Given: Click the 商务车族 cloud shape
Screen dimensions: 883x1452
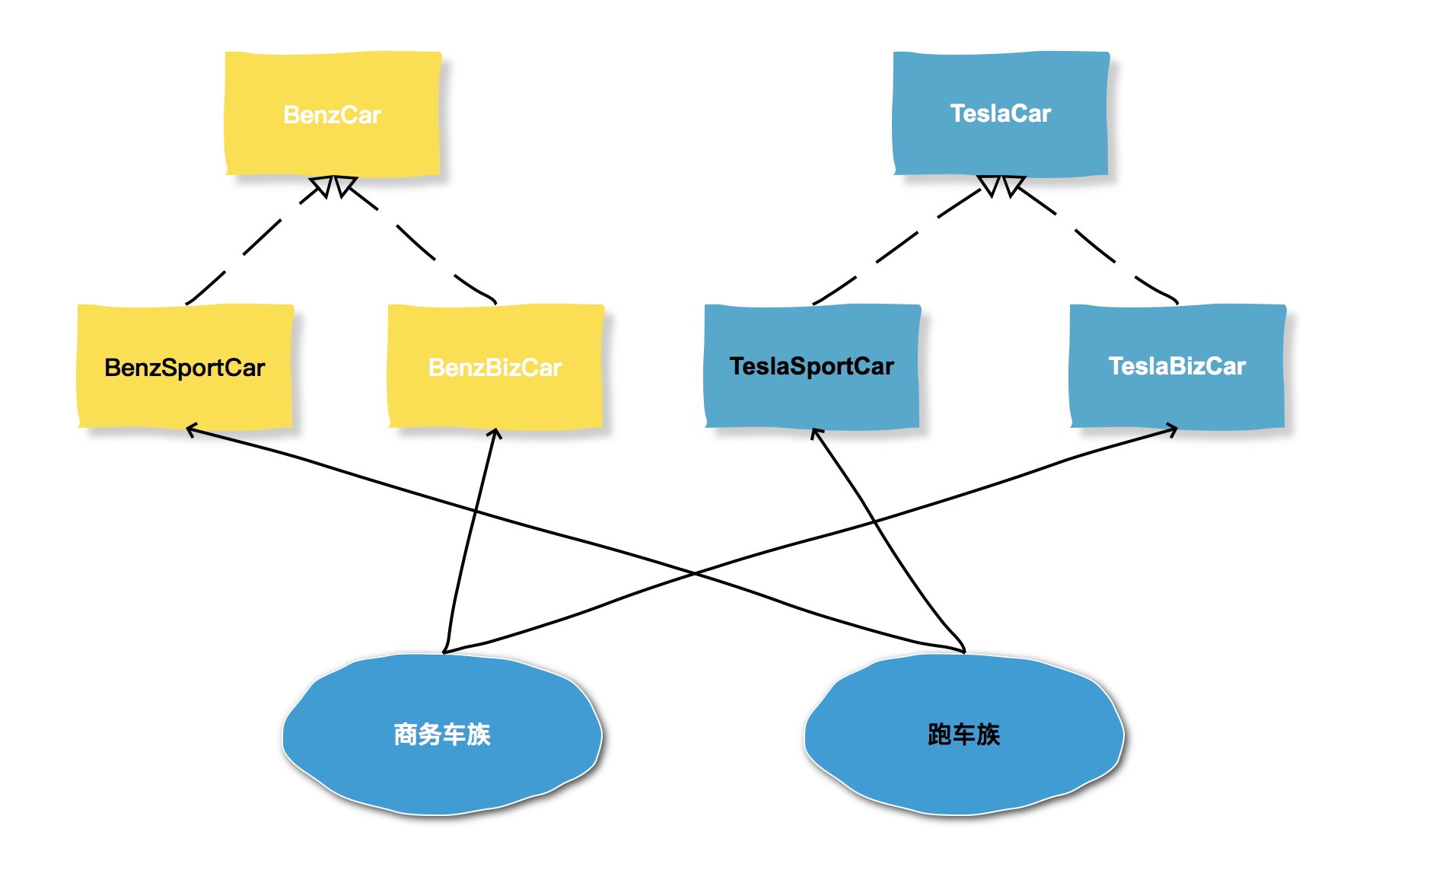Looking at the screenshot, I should (441, 769).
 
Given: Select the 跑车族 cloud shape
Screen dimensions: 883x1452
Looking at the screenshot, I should (963, 769).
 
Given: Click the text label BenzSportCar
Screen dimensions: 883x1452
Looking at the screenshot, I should (185, 368).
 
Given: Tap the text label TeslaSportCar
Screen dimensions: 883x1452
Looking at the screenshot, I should (812, 366).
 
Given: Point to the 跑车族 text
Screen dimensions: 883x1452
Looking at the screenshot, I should (963, 735).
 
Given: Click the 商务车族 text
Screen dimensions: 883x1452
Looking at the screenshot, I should (441, 735).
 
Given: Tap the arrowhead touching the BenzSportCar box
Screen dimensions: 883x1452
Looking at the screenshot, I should (191, 431).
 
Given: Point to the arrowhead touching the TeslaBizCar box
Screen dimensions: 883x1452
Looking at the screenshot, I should (1173, 431).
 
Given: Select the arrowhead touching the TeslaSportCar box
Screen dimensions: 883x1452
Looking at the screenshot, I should (816, 433).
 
